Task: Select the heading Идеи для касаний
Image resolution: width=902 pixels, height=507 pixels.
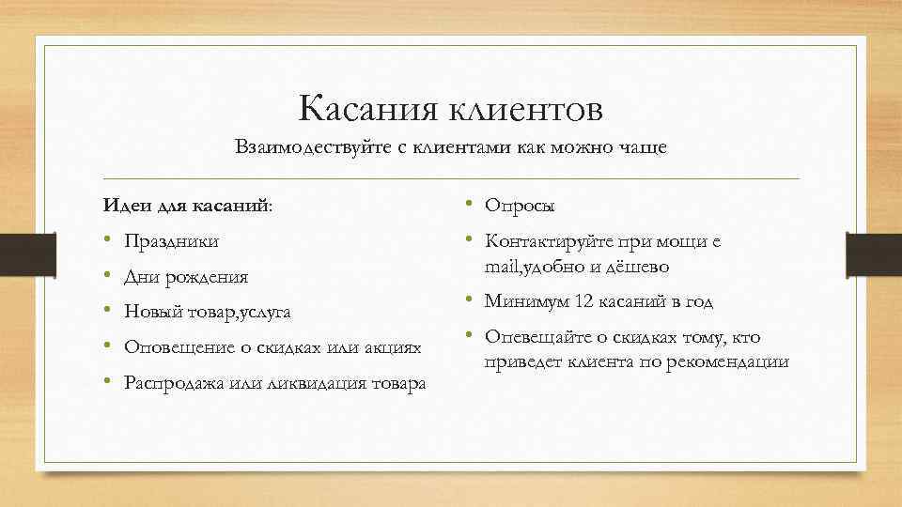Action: [x=188, y=205]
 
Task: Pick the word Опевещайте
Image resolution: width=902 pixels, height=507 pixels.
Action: [x=536, y=337]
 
